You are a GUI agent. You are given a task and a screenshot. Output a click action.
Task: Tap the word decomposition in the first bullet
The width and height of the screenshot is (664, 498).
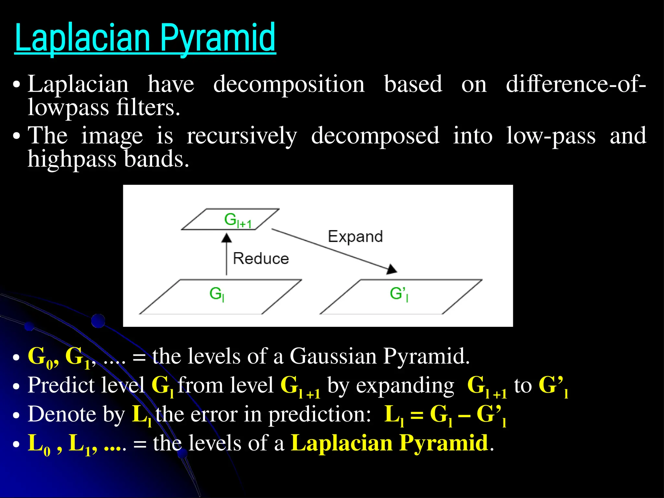(x=289, y=84)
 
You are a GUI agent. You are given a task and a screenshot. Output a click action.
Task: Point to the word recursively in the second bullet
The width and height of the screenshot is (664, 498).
(x=242, y=136)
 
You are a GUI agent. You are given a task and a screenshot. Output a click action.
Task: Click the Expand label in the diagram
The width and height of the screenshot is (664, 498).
(x=355, y=237)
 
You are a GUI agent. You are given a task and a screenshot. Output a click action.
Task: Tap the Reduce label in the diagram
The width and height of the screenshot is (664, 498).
(x=261, y=259)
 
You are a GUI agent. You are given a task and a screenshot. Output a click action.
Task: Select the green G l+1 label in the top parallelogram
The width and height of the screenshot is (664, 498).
(x=237, y=220)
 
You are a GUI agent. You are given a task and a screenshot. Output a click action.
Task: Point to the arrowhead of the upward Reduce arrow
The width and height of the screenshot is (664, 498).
(x=227, y=238)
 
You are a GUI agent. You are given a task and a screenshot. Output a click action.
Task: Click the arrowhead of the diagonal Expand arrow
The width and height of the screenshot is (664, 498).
(x=392, y=269)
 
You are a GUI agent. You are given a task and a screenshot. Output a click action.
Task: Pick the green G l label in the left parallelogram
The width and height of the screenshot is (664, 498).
(x=217, y=294)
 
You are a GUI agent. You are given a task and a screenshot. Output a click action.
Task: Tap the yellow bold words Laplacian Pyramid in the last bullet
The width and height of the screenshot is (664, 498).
(x=389, y=443)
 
